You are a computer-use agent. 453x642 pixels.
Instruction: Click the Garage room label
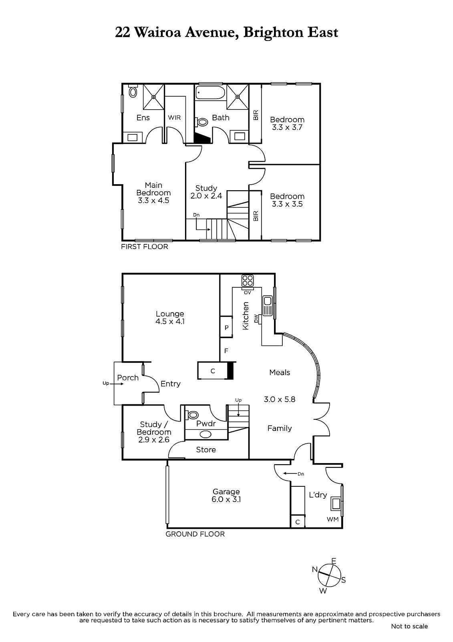point(226,492)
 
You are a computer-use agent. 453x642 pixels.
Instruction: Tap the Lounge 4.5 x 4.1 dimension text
point(170,321)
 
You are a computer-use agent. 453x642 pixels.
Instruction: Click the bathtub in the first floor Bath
point(210,92)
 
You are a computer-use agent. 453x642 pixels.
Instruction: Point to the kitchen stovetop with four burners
point(248,280)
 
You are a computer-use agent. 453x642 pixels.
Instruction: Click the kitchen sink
point(267,305)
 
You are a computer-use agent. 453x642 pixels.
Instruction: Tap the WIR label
point(174,118)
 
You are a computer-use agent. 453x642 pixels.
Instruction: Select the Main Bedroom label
point(154,189)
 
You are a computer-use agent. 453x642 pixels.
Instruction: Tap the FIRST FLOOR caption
point(145,246)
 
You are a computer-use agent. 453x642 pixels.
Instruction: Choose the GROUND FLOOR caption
point(195,534)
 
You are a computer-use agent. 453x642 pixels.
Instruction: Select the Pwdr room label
point(206,423)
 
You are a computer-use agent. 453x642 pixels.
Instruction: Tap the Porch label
point(128,378)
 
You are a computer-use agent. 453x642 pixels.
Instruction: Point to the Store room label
point(206,449)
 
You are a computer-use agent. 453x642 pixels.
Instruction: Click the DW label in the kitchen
point(256,318)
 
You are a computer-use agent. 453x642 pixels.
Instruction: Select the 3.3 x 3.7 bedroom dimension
point(287,127)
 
